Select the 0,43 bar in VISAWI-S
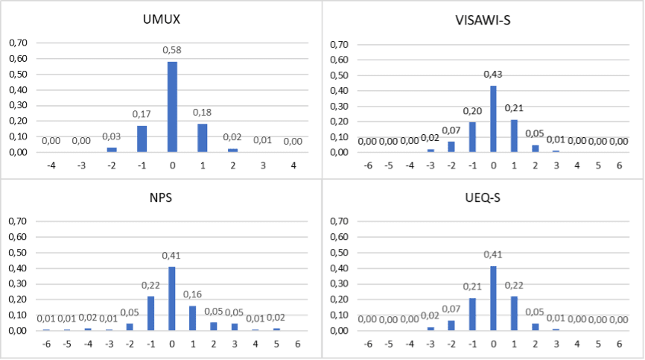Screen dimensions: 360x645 point(492,119)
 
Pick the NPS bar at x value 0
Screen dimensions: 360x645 point(172,298)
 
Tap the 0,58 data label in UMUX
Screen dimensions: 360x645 point(172,50)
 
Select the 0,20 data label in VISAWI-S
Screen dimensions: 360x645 point(471,110)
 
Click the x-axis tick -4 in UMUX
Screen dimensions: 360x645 point(51,164)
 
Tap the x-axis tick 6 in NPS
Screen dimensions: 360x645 point(297,344)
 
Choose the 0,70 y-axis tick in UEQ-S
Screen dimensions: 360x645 point(340,221)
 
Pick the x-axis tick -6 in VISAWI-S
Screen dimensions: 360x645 point(367,164)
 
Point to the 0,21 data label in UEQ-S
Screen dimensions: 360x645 point(471,286)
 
